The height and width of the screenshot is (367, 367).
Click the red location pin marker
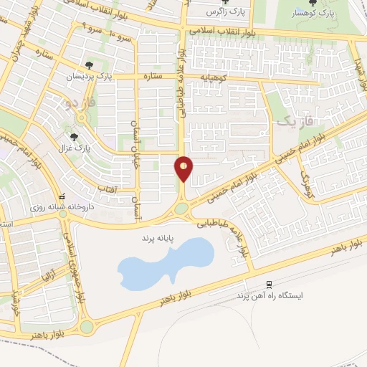[x=184, y=168]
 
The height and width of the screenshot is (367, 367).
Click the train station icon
[x=269, y=285]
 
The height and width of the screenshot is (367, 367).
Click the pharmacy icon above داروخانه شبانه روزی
[x=63, y=196]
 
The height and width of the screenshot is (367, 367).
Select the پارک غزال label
[x=72, y=148]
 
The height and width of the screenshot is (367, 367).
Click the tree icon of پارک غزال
[x=73, y=137]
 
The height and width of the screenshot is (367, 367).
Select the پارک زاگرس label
[x=221, y=13]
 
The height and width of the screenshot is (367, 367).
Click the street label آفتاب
[x=107, y=189]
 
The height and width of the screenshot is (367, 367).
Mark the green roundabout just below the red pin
[x=181, y=209]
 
